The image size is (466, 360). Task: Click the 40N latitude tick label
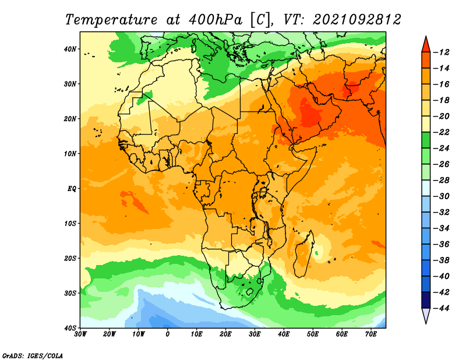pyautogui.click(x=70, y=49)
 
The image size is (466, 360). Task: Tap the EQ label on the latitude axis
pyautogui.click(x=72, y=189)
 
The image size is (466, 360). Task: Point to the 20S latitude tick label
pyautogui.click(x=70, y=258)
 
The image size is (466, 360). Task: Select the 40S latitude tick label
pyautogui.click(x=70, y=328)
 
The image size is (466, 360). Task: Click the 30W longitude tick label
pyautogui.click(x=80, y=334)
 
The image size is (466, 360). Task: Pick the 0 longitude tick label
pyautogui.click(x=168, y=334)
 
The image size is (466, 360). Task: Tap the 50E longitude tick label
pyautogui.click(x=313, y=334)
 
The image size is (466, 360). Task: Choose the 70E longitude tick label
pyautogui.click(x=371, y=334)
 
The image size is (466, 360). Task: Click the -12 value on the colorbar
pyautogui.click(x=442, y=52)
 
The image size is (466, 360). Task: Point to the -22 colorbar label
pyautogui.click(x=442, y=132)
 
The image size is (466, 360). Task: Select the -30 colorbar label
pyautogui.click(x=442, y=196)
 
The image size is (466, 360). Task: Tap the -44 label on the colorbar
pyautogui.click(x=442, y=308)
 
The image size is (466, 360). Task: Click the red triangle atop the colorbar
pyautogui.click(x=426, y=45)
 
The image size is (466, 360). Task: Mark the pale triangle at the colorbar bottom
pyautogui.click(x=426, y=315)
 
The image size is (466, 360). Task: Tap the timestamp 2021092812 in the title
pyautogui.click(x=357, y=20)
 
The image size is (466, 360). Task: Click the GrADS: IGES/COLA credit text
pyautogui.click(x=33, y=356)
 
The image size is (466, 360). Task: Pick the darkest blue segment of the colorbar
pyautogui.click(x=426, y=300)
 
